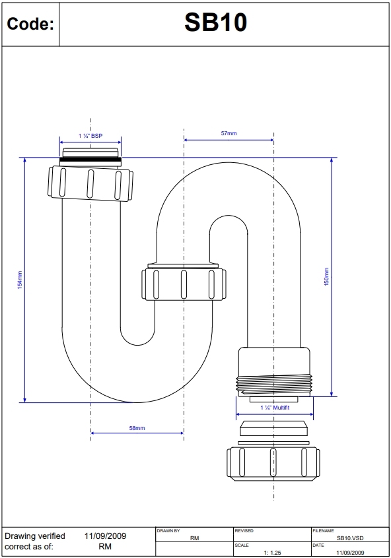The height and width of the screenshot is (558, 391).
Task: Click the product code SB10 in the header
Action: (215, 23)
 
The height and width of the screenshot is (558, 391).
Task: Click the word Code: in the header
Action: (30, 24)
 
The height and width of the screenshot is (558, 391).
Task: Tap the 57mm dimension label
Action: (229, 133)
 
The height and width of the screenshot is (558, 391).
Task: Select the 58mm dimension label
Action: (137, 428)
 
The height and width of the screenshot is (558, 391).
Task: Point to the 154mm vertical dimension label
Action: (20, 280)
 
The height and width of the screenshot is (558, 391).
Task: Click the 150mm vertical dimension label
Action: (327, 276)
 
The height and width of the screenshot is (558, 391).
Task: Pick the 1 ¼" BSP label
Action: (90, 135)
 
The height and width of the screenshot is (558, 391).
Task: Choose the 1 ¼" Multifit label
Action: (275, 408)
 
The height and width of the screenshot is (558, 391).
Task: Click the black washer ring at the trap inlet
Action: (90, 160)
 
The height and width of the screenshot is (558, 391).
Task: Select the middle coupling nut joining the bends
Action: (184, 284)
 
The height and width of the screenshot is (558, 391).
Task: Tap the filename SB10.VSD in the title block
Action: (349, 538)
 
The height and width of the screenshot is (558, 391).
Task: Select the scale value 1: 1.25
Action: (272, 553)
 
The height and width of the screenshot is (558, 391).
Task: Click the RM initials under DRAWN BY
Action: (194, 538)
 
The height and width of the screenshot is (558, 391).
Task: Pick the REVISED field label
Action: (244, 530)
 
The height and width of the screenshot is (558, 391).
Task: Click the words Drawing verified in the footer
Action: (35, 536)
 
